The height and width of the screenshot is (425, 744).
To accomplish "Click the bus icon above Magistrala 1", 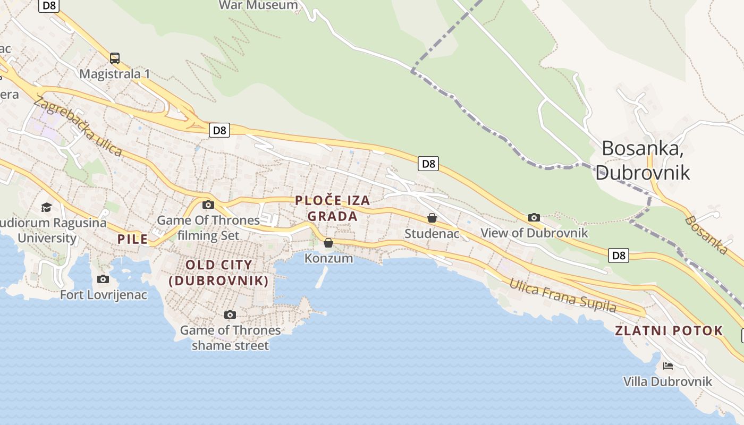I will click(115, 58).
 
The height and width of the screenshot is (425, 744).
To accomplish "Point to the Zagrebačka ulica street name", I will click(78, 126).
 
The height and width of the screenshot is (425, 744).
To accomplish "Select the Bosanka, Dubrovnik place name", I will click(642, 160).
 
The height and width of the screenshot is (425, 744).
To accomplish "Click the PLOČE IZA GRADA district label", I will click(333, 208).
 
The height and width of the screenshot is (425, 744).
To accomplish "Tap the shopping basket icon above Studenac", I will click(432, 218).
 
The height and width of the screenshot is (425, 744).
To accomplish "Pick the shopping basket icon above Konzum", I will click(328, 243).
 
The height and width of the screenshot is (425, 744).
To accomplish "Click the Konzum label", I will click(328, 258).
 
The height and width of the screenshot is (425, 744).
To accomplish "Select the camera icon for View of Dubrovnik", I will click(534, 217).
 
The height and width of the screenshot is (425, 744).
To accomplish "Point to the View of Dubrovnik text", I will click(534, 233).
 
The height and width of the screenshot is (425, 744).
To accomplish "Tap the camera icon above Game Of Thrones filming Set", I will click(208, 205).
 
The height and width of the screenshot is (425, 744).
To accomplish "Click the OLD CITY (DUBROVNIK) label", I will click(218, 273).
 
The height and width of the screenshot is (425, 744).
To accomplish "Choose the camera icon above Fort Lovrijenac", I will click(103, 279).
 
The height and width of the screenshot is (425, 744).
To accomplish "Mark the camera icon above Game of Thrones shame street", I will click(230, 314).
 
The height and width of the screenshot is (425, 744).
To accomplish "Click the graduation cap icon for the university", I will click(47, 207).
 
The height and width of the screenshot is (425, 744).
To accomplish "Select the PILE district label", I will click(132, 239).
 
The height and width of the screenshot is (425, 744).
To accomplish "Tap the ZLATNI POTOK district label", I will click(669, 330).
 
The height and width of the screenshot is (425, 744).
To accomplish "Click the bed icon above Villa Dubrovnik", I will click(668, 365).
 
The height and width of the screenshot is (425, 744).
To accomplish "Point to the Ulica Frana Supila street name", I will click(563, 295).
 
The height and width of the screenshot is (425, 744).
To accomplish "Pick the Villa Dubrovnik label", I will click(667, 381).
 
